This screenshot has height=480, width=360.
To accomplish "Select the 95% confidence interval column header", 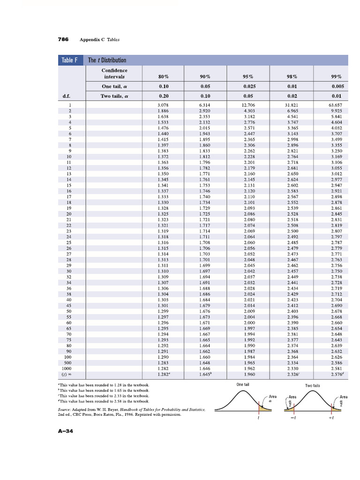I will (248, 76).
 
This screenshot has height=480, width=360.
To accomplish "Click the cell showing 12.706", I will (248, 105).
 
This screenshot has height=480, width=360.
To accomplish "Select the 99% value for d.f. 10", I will (336, 156).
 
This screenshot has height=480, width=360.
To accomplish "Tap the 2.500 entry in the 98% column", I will (292, 231).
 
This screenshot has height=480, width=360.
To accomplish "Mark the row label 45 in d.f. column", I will (69, 305).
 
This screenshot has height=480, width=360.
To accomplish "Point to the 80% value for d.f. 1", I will (163, 105).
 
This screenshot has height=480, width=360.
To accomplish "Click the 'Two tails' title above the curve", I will (313, 385).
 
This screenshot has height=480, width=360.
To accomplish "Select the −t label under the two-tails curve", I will (292, 419).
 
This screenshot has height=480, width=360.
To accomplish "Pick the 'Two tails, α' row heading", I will (114, 96).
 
